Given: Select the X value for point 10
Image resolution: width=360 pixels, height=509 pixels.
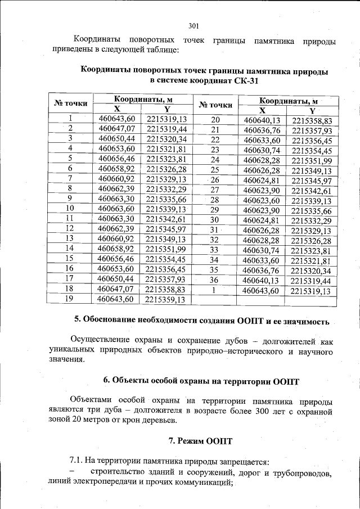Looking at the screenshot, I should point(117,208).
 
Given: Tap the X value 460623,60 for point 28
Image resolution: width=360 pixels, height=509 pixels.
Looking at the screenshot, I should point(262,200).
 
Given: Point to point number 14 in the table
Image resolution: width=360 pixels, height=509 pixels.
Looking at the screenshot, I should point(70,248).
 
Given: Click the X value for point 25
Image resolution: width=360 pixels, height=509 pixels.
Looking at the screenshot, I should point(262,170).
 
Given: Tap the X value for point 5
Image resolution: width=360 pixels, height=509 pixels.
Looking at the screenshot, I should point(117,159).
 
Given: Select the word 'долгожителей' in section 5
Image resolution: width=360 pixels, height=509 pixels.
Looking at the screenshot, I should point(285,340).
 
